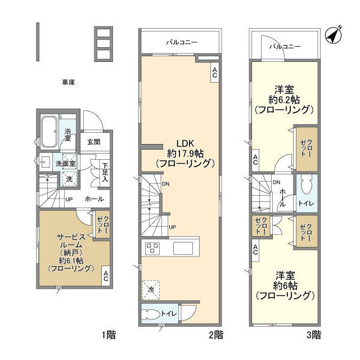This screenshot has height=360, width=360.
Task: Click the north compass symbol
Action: coord(334,35)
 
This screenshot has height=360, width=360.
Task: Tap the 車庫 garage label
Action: coord(69,82)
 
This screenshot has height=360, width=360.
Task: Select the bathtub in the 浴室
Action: coord(49,132)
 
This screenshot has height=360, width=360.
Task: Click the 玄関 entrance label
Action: coord(94,142)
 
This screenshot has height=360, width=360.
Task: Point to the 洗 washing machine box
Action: coord(69,179)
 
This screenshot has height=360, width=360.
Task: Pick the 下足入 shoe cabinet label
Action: coord(105,172)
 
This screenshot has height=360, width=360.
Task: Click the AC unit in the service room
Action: coord(106,276)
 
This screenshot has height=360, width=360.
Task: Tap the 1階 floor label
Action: coord(109,335)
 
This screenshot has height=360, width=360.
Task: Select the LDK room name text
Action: coord(185,143)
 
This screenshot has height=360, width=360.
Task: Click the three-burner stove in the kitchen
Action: coord(152,248)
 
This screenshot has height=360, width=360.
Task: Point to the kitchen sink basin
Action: coord(183,248)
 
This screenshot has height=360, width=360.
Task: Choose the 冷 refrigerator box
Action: coord(151,290)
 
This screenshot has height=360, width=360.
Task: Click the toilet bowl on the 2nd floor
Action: coord(151,314)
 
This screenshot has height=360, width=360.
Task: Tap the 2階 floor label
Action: coord(216,335)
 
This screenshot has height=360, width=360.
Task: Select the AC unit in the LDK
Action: coord(215,73)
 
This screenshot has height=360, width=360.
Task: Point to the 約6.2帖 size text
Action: coord(284,100)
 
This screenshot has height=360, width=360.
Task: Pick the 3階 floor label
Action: coord(314,335)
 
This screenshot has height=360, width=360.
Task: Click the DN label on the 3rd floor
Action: coord(276,182)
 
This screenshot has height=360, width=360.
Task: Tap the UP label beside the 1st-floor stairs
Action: coord(69,200)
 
